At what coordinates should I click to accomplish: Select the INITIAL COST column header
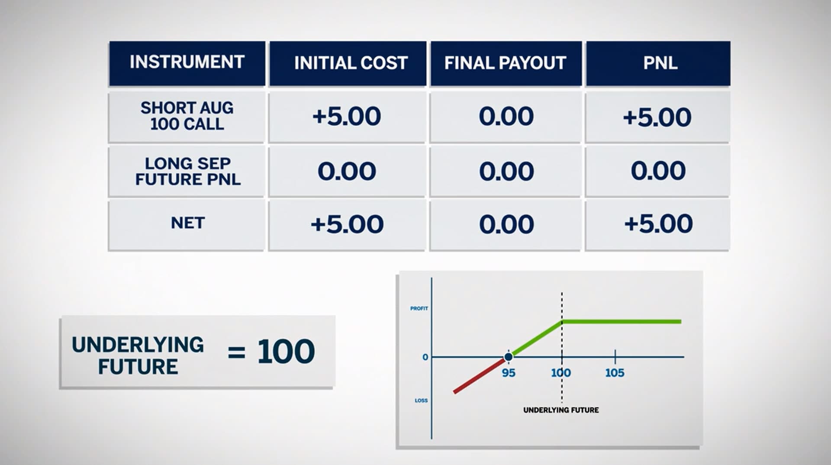[x=351, y=63]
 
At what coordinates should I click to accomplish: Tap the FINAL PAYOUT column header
[x=505, y=63]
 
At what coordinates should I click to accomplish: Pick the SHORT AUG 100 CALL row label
[x=187, y=116]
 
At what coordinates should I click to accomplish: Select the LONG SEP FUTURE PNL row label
[x=188, y=171]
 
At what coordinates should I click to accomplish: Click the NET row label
[x=188, y=223]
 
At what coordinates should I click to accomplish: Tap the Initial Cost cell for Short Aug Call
[x=347, y=116]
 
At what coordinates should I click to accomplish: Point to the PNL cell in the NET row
[x=658, y=224]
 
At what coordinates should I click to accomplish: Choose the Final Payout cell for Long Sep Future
[x=506, y=171]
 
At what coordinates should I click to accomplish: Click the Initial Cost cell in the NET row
[x=347, y=224]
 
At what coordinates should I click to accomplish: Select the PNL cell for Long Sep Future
[x=658, y=171]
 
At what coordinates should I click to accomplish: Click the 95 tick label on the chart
[x=509, y=373]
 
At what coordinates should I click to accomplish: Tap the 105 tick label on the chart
[x=615, y=373]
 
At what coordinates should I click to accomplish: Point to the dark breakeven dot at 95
[x=509, y=357]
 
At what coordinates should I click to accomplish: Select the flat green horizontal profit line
[x=622, y=321]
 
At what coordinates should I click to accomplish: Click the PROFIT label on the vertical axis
[x=419, y=309]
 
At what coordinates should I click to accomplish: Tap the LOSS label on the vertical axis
[x=421, y=400]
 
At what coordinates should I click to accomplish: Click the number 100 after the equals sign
[x=286, y=351]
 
